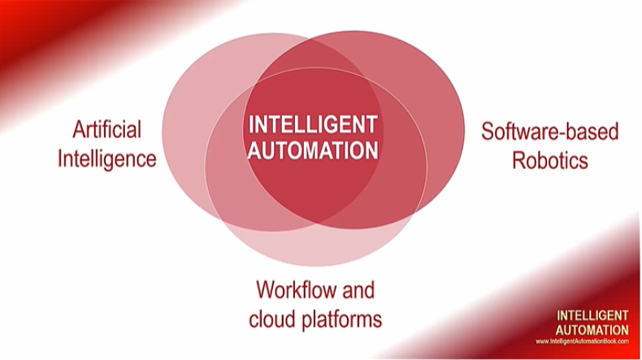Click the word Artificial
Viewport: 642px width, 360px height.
[106, 129]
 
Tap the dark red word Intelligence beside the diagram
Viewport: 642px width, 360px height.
[106, 159]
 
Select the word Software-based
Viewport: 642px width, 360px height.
[550, 132]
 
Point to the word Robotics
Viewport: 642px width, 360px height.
[550, 160]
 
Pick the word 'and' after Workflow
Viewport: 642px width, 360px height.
[358, 290]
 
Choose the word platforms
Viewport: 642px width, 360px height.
[342, 320]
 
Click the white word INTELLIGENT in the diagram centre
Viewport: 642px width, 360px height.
[313, 124]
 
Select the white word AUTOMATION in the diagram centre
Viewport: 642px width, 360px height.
[313, 150]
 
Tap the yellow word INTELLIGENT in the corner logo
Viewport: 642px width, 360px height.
[592, 315]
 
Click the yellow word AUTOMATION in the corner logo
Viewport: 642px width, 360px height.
[592, 330]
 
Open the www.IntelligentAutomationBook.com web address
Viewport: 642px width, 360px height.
[582, 341]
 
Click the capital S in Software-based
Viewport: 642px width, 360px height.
[488, 132]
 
